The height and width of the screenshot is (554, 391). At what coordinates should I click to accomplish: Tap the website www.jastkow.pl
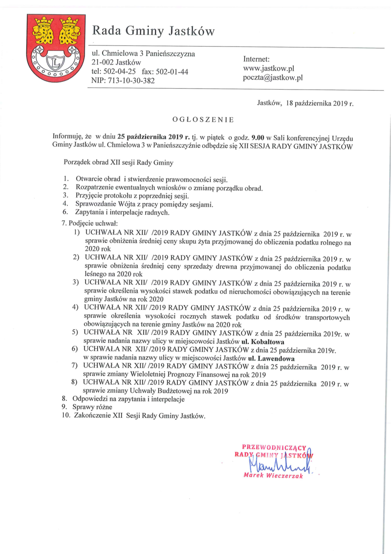click(x=268, y=69)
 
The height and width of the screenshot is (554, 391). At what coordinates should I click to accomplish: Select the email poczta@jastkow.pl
click(x=273, y=77)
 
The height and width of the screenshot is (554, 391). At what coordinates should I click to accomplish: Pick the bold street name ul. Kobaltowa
click(x=263, y=341)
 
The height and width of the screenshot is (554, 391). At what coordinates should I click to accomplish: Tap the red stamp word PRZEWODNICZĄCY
click(x=274, y=446)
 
